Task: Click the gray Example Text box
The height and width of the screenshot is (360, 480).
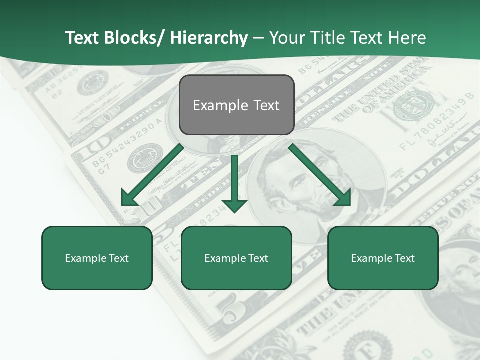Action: click(x=236, y=105)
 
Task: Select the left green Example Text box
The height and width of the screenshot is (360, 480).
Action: click(x=97, y=258)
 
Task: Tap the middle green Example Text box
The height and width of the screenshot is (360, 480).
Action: click(x=236, y=258)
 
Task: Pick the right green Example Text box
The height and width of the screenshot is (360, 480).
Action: click(x=383, y=258)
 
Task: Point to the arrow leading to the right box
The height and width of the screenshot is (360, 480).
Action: click(x=320, y=175)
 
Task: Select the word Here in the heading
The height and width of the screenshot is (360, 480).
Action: click(x=408, y=38)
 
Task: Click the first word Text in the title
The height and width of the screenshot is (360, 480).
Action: click(x=82, y=38)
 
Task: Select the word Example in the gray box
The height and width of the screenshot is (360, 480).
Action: click(x=214, y=105)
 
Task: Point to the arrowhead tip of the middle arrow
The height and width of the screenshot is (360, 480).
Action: click(x=234, y=212)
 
